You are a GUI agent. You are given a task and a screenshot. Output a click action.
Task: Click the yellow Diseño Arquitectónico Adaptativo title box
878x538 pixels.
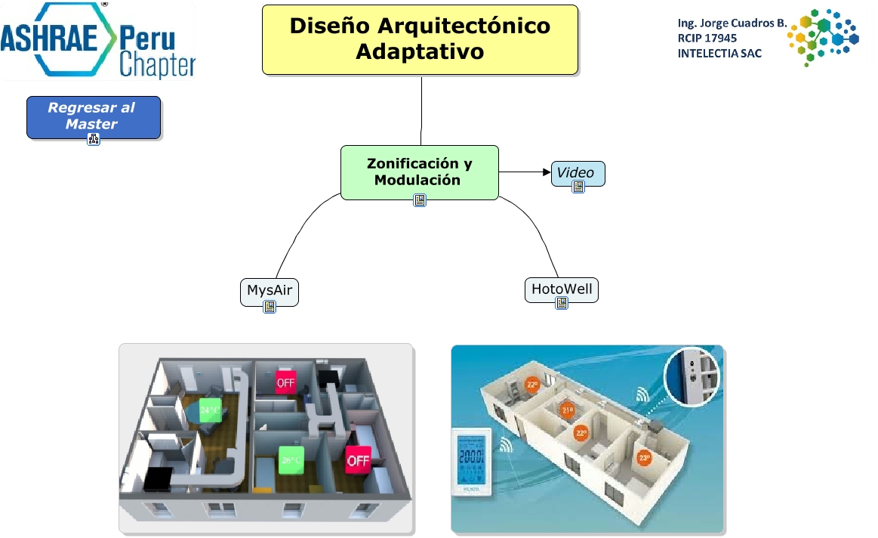point(420,39)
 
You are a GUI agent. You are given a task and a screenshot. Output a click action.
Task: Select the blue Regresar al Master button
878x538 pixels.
point(94,116)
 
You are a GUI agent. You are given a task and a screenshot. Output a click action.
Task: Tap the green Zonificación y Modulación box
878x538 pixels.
point(419,172)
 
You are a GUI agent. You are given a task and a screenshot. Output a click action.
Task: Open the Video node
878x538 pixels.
point(577,172)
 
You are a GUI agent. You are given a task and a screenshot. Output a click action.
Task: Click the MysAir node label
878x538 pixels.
point(269,289)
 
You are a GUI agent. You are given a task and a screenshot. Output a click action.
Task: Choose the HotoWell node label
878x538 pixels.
point(561,289)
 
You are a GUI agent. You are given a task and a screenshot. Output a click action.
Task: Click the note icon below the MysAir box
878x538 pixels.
point(270,306)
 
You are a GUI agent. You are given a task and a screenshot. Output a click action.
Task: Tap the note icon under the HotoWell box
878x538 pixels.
point(562,303)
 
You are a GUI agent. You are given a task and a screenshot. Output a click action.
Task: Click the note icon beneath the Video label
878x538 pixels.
point(578,187)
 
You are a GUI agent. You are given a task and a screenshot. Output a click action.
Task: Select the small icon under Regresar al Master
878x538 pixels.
point(94,139)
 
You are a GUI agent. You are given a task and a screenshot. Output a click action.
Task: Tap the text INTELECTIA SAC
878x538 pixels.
point(719,53)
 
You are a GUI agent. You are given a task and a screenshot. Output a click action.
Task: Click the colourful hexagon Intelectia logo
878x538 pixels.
point(823,36)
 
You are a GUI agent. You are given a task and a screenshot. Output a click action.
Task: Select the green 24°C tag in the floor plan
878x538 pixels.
point(209,410)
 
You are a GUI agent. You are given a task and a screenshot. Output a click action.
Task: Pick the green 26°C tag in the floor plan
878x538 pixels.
point(291,459)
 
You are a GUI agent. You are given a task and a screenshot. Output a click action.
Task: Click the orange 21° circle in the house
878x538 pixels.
point(567,411)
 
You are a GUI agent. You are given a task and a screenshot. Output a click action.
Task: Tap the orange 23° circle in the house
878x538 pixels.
point(581,433)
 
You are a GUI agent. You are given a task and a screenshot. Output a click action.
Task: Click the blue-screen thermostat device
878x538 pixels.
point(472,462)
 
